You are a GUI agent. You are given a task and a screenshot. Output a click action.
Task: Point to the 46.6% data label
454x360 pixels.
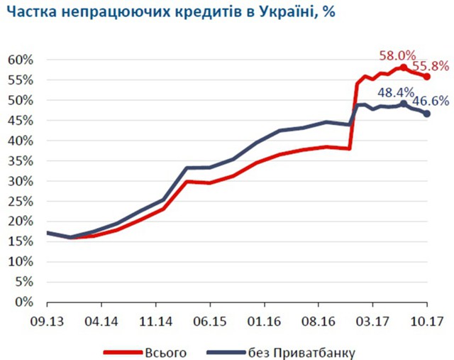[432, 101]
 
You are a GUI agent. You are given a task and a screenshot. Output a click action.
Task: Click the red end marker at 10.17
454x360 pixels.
[427, 76]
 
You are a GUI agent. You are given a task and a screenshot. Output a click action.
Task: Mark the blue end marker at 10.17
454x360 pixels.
[427, 114]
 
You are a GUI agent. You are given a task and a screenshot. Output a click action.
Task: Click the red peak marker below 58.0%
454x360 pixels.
[403, 67]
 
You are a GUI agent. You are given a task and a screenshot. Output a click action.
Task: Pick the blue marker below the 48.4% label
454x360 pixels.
[404, 104]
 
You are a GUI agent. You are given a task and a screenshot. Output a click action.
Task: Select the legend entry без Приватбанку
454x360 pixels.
[301, 351]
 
